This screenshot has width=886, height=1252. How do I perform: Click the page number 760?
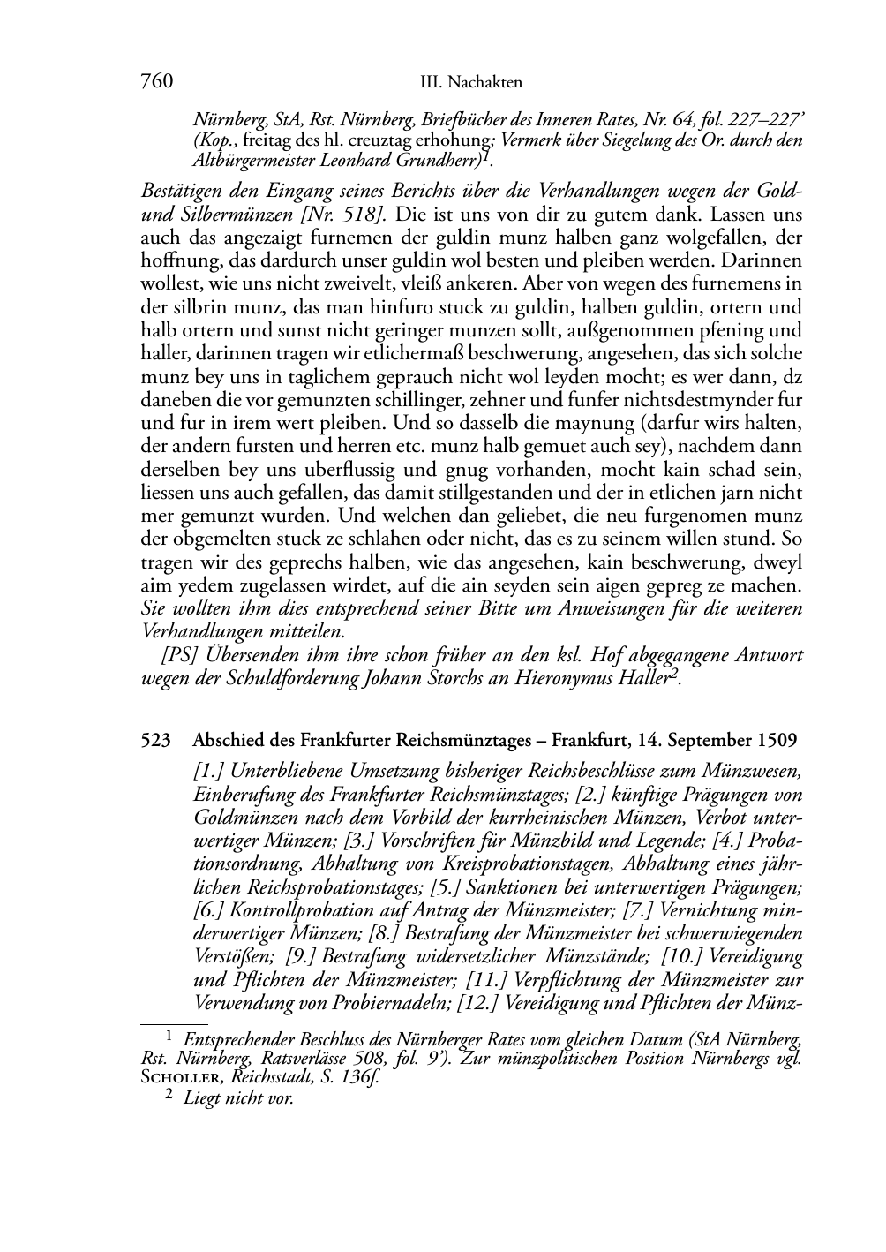coord(156,82)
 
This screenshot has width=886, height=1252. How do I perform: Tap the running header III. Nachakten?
coord(471,83)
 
